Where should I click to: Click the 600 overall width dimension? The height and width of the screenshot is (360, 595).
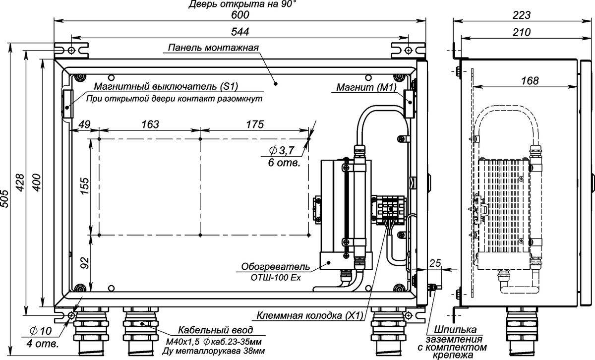240,15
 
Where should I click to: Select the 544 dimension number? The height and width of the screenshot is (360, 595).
240,32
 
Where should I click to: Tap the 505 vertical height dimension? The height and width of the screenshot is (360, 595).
5,198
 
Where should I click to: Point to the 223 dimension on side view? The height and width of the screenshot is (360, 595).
522,15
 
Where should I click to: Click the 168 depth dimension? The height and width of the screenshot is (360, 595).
530,81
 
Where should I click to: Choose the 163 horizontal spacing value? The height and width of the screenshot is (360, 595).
150,124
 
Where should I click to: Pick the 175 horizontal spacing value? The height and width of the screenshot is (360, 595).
255,124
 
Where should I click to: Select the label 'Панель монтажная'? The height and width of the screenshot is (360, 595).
213,48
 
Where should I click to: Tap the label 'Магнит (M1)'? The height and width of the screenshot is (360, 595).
366,87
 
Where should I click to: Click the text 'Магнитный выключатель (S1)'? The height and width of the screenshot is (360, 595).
166,86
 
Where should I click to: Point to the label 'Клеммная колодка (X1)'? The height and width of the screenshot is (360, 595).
310,316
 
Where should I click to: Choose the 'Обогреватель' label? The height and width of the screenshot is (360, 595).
276,266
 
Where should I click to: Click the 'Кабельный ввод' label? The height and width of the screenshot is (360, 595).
215,330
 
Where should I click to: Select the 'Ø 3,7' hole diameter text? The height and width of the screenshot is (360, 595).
282,151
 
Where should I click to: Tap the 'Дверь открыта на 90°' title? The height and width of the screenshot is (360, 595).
242,4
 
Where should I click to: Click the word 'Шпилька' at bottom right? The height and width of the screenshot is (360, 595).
455,330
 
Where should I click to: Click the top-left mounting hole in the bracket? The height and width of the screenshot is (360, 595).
71,50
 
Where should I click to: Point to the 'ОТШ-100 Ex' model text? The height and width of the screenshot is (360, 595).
276,278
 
